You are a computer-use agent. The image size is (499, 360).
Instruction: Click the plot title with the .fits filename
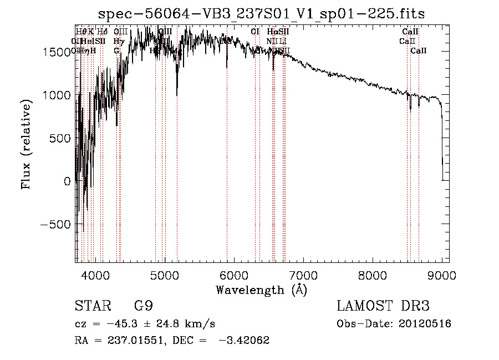(261, 14)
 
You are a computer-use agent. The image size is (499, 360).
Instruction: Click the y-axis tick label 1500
(58, 52)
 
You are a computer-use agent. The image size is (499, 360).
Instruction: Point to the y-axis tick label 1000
(58, 95)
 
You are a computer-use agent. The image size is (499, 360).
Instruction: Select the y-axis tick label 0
(67, 181)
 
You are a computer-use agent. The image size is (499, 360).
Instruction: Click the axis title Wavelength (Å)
(261, 290)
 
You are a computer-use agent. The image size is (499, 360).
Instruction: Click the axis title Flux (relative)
(26, 142)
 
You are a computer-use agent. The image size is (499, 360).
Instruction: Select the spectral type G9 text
(140, 306)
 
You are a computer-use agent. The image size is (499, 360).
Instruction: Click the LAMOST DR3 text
(383, 306)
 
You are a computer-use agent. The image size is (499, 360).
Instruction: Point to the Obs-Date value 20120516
(423, 323)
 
